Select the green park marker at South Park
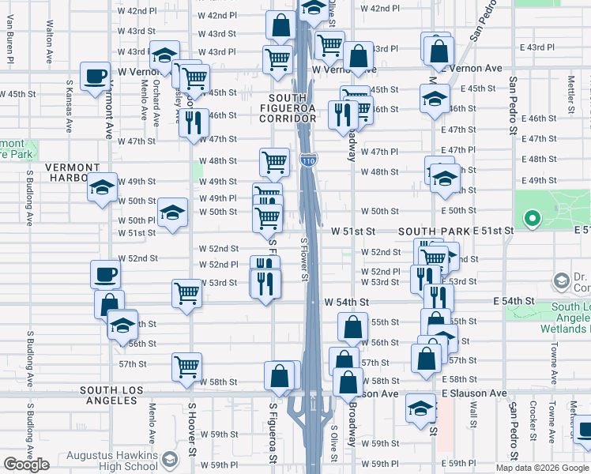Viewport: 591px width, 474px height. [x=533, y=219]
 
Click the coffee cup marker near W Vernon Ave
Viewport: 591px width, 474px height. [x=96, y=77]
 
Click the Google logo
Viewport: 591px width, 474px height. [x=26, y=465]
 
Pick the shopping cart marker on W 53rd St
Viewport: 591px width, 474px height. [x=187, y=293]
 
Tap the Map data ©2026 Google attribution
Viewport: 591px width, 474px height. [x=542, y=468]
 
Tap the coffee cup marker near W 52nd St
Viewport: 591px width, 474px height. [x=105, y=275]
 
